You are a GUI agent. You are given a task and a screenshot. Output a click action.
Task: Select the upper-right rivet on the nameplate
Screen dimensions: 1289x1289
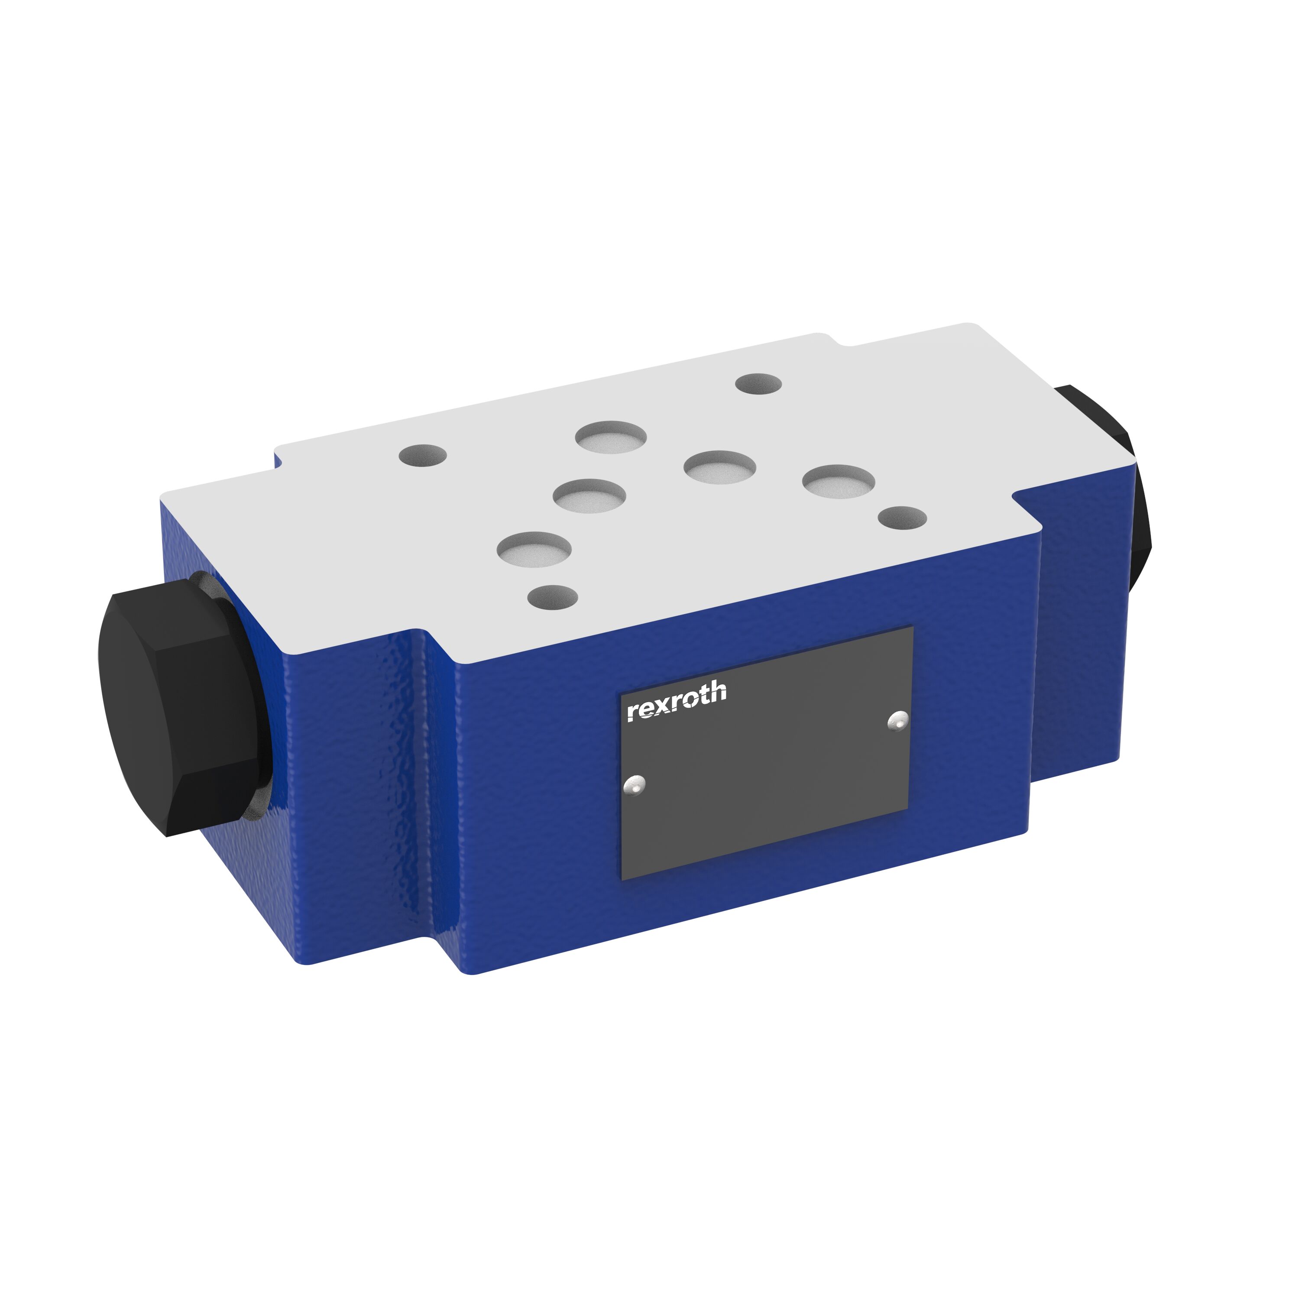tap(899, 721)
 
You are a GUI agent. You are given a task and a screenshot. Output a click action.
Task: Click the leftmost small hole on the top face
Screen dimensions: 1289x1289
tap(422, 456)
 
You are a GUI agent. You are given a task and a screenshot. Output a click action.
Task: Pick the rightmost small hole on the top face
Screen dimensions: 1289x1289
tap(902, 517)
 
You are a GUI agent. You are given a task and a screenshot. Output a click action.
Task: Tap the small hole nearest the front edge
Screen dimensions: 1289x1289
tap(552, 596)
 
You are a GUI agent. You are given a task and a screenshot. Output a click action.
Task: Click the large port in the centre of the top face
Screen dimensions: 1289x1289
tap(719, 466)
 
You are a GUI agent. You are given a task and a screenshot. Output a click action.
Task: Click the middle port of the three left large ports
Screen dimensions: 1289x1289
tap(589, 495)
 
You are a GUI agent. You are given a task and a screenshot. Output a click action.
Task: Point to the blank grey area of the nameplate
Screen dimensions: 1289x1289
tap(767, 787)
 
